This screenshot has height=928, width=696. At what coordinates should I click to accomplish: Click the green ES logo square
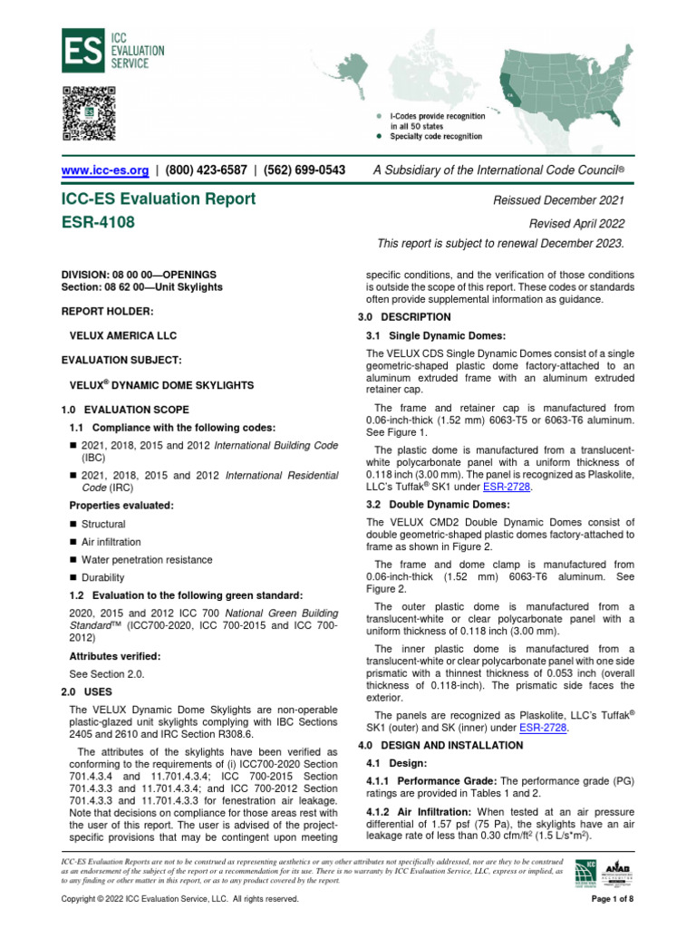tap(80, 50)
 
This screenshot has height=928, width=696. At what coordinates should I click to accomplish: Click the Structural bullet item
tap(103, 524)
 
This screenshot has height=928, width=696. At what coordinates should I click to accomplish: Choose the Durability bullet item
tap(103, 577)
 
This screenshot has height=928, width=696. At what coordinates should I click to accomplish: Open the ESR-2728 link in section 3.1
tap(506, 487)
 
